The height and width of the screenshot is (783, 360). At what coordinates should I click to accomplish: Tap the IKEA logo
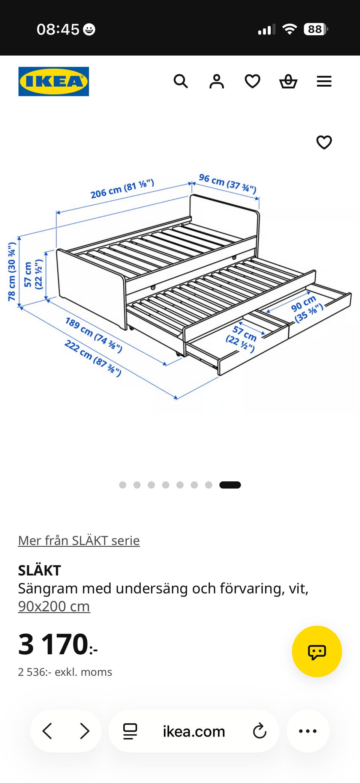[54, 81]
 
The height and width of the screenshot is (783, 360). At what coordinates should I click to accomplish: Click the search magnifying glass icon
[181, 81]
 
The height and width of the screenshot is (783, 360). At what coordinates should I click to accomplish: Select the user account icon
[217, 81]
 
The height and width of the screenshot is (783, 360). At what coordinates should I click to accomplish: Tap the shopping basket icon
[288, 81]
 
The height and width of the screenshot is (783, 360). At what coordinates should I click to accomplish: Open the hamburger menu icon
[324, 81]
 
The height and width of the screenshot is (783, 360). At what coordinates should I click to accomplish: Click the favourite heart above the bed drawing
[324, 142]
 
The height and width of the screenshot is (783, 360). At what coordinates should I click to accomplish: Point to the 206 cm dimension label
[122, 188]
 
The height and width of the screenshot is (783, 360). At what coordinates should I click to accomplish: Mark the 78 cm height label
[12, 272]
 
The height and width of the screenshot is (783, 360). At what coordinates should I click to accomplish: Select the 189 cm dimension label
[94, 335]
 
